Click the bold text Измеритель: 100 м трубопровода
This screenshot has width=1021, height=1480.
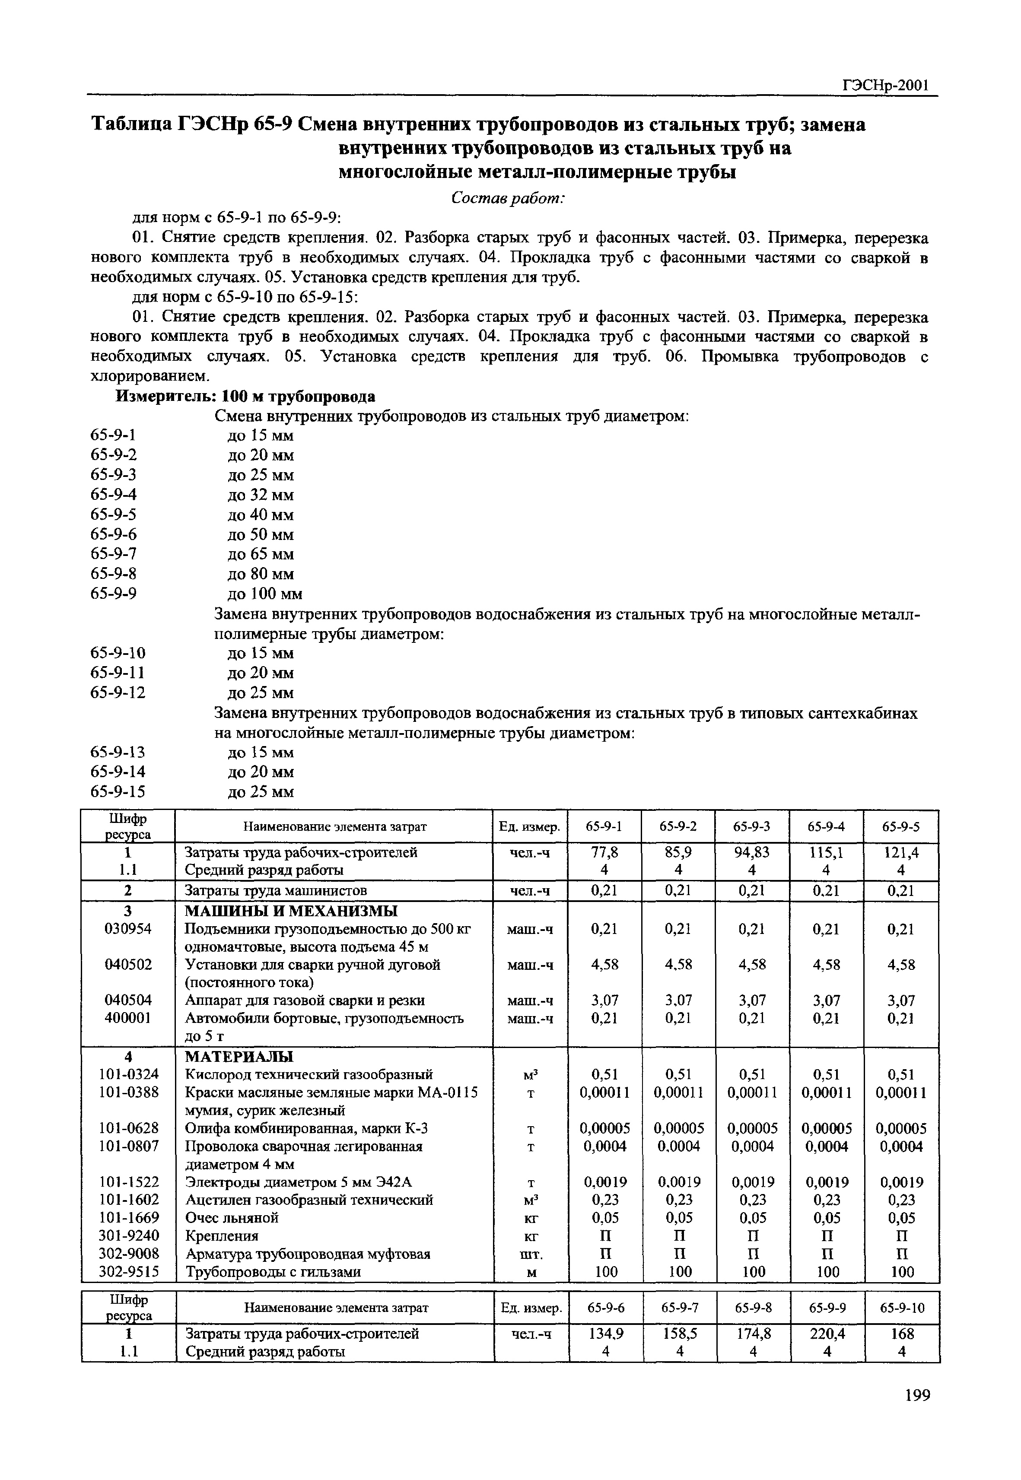click(x=245, y=397)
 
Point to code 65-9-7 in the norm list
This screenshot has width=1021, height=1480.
click(x=114, y=554)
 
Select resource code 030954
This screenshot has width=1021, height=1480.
click(x=128, y=929)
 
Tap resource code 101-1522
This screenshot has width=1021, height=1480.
click(x=129, y=1182)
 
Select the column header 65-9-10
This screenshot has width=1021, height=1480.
click(x=902, y=1308)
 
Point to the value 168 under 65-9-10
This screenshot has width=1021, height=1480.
click(x=902, y=1334)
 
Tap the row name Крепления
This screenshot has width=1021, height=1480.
click(x=221, y=1235)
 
